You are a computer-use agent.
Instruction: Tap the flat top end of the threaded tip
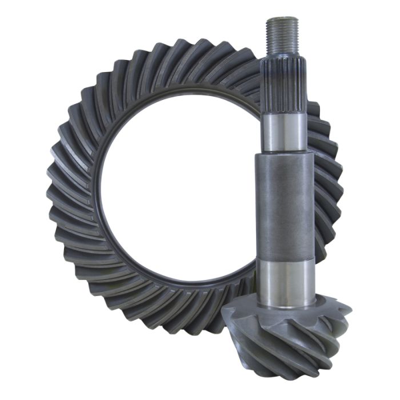pyautogui.click(x=282, y=18)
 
